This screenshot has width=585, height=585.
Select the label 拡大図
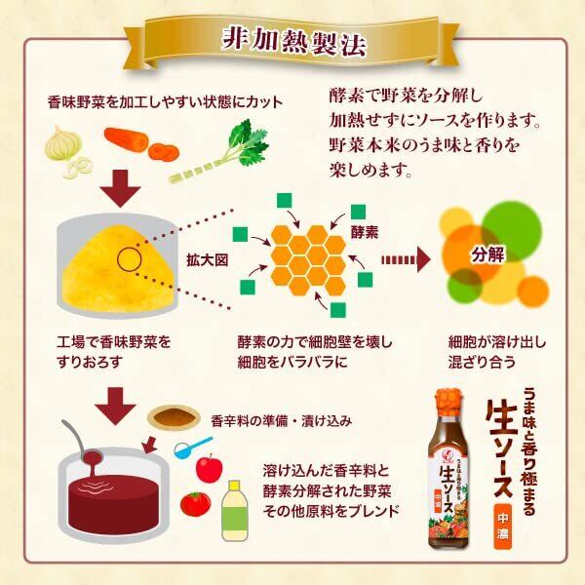[x=206, y=261]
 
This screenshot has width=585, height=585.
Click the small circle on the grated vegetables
[x=128, y=259]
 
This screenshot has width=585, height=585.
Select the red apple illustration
[x=210, y=468]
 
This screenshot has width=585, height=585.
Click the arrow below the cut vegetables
[x=122, y=188]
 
